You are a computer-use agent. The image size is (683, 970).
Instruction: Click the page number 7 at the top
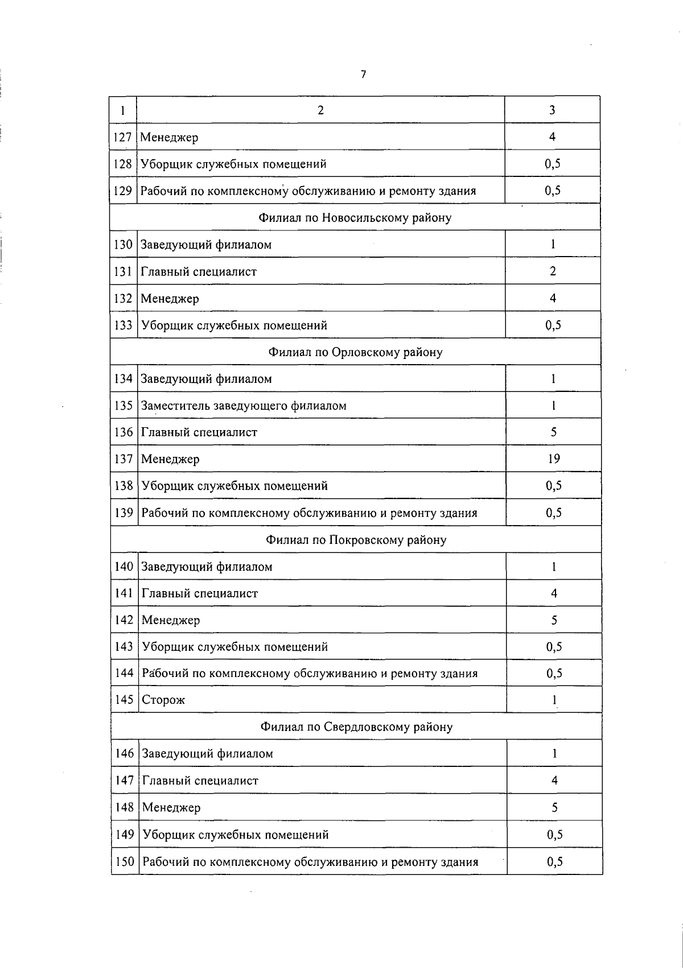point(363,74)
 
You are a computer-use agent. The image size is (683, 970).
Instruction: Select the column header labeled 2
point(320,110)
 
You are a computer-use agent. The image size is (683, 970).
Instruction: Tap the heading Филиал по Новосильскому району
point(355,218)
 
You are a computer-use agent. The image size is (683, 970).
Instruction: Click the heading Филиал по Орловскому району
point(355,352)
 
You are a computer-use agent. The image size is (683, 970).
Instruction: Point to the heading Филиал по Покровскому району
point(356,540)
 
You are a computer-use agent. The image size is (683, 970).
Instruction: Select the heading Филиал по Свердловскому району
point(356,727)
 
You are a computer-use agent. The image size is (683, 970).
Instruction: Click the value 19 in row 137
point(553,459)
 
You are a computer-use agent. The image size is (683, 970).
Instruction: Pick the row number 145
point(124,700)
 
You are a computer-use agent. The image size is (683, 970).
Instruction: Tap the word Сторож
point(163,700)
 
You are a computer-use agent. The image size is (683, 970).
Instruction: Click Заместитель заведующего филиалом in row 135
point(244,406)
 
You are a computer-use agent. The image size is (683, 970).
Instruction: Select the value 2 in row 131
point(553,271)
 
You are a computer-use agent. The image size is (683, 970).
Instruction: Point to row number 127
point(123,137)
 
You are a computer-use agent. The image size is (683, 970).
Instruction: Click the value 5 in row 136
point(553,432)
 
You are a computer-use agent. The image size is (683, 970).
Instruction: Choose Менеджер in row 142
point(171,620)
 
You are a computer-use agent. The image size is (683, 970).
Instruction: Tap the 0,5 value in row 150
point(554,862)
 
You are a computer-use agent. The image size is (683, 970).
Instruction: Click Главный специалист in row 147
point(200,781)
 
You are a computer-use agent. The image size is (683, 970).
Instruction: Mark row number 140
point(124,567)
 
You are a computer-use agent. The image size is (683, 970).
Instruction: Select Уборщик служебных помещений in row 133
point(234,325)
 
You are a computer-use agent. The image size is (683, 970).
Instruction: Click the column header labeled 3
point(552,110)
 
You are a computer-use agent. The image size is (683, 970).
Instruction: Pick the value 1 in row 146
point(554,754)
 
